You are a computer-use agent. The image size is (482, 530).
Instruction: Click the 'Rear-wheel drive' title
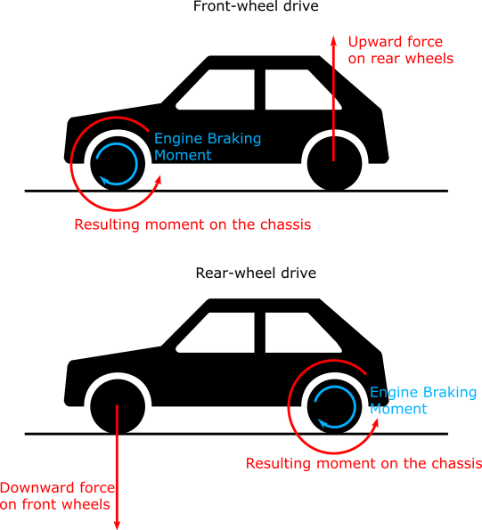pyautogui.click(x=255, y=272)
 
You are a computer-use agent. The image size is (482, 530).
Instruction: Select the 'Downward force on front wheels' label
pyautogui.click(x=57, y=496)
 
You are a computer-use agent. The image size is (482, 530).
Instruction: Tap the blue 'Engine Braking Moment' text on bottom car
pyautogui.click(x=422, y=401)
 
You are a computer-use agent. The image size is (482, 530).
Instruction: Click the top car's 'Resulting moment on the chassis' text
pyautogui.click(x=192, y=224)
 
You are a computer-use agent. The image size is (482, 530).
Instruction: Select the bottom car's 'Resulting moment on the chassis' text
pyautogui.click(x=363, y=463)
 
